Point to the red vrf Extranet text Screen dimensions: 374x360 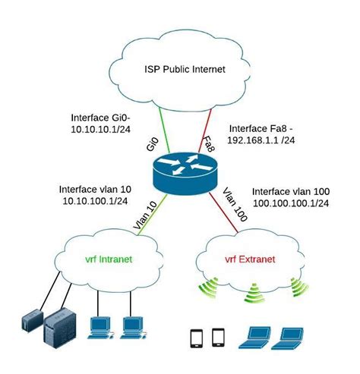(x=249, y=260)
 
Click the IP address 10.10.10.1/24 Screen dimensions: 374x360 (x=99, y=130)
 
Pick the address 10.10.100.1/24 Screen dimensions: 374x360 (x=94, y=201)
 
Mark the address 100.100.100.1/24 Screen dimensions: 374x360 (x=290, y=204)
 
